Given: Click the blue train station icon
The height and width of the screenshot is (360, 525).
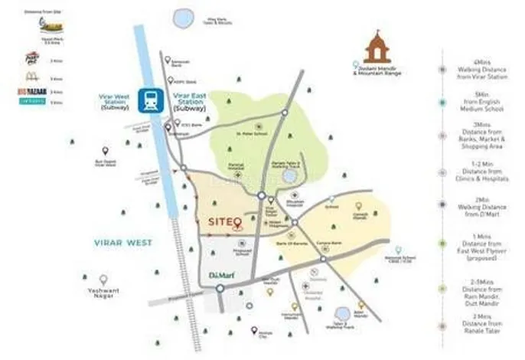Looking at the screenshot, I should point(148,100).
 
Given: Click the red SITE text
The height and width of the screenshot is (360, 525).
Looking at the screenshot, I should point(220,222).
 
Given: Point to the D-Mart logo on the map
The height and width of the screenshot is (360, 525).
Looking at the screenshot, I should point(218,274).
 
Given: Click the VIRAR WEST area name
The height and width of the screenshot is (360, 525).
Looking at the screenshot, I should point(124,242).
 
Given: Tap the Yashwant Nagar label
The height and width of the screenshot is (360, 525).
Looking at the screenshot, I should point(103,294).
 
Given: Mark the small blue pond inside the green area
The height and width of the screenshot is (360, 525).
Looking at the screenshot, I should point(289,176).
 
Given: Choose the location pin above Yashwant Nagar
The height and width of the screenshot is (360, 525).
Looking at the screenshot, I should point(103,280).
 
